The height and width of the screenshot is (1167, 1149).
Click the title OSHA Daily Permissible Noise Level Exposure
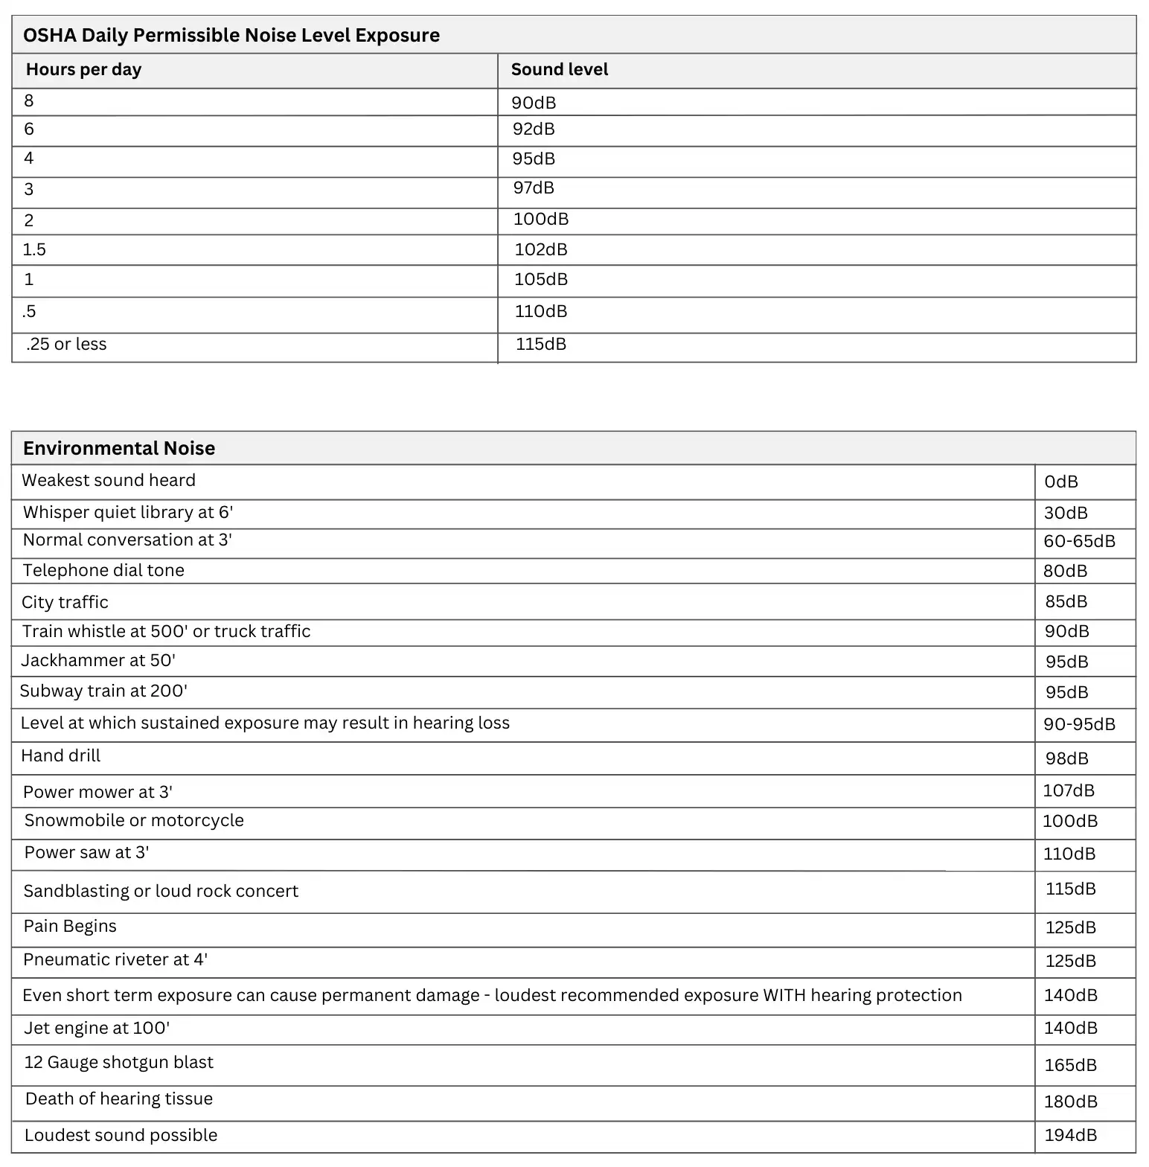tap(231, 35)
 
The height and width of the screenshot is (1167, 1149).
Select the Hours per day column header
tap(83, 69)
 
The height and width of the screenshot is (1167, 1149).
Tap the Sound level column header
tap(559, 69)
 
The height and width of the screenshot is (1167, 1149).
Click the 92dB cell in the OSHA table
tap(534, 129)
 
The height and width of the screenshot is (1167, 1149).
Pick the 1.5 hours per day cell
tap(34, 249)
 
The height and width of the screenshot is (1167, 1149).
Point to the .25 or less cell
tap(66, 344)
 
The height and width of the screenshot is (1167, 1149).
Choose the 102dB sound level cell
tap(541, 249)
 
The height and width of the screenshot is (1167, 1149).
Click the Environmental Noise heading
tap(119, 448)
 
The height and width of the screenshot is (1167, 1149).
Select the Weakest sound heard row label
tap(109, 480)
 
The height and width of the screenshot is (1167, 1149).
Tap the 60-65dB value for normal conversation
tap(1079, 541)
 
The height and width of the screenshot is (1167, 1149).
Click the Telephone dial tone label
tap(103, 570)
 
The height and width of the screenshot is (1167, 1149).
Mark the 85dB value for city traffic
tap(1066, 601)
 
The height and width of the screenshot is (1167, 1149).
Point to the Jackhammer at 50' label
tap(98, 660)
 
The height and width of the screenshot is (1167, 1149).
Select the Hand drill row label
tap(60, 755)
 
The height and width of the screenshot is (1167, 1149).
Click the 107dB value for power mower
tap(1069, 790)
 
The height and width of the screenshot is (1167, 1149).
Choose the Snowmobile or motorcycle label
tap(134, 820)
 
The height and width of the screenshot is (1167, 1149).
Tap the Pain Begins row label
tap(70, 926)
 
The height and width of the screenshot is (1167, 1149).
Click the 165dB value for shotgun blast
tap(1070, 1065)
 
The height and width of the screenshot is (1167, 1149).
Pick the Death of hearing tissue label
tap(119, 1099)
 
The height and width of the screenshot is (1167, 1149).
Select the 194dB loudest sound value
tap(1070, 1135)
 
